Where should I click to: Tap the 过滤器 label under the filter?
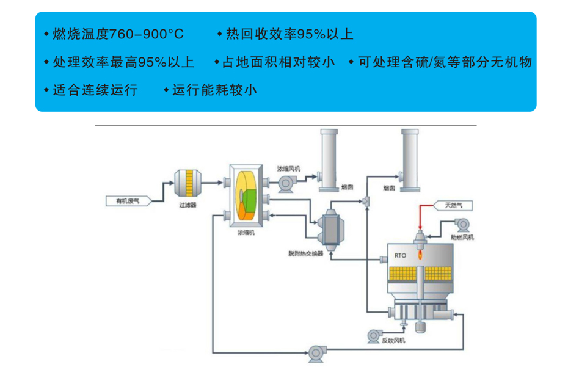tap(187, 206)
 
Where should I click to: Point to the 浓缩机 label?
tap(245, 233)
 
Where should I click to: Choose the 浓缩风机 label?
tap(288, 168)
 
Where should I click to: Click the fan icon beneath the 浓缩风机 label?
tap(285, 182)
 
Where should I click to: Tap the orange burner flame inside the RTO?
tap(421, 256)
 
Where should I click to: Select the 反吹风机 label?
tap(394, 341)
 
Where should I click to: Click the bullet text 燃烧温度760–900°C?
tap(118, 34)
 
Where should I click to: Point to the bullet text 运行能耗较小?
tap(214, 90)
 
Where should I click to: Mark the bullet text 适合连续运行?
tap(95, 90)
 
